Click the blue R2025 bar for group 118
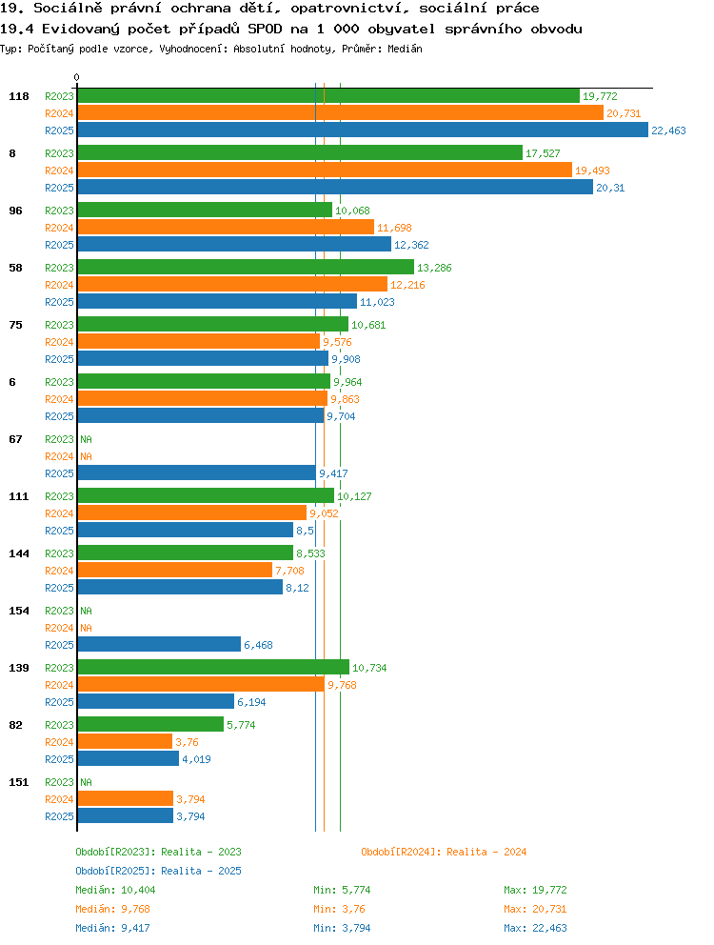(363, 131)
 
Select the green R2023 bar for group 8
(300, 153)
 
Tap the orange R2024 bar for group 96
(226, 228)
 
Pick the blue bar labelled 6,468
(159, 644)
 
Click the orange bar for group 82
(126, 741)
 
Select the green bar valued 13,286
(246, 267)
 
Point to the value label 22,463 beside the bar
(669, 131)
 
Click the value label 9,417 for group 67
(333, 473)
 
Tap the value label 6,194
(251, 702)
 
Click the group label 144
(19, 553)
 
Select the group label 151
(19, 782)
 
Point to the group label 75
(15, 325)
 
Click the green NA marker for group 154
(87, 611)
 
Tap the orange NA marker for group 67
(87, 456)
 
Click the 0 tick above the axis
(76, 77)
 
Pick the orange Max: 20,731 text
(535, 909)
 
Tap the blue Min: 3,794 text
(342, 928)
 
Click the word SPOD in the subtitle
(265, 29)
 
